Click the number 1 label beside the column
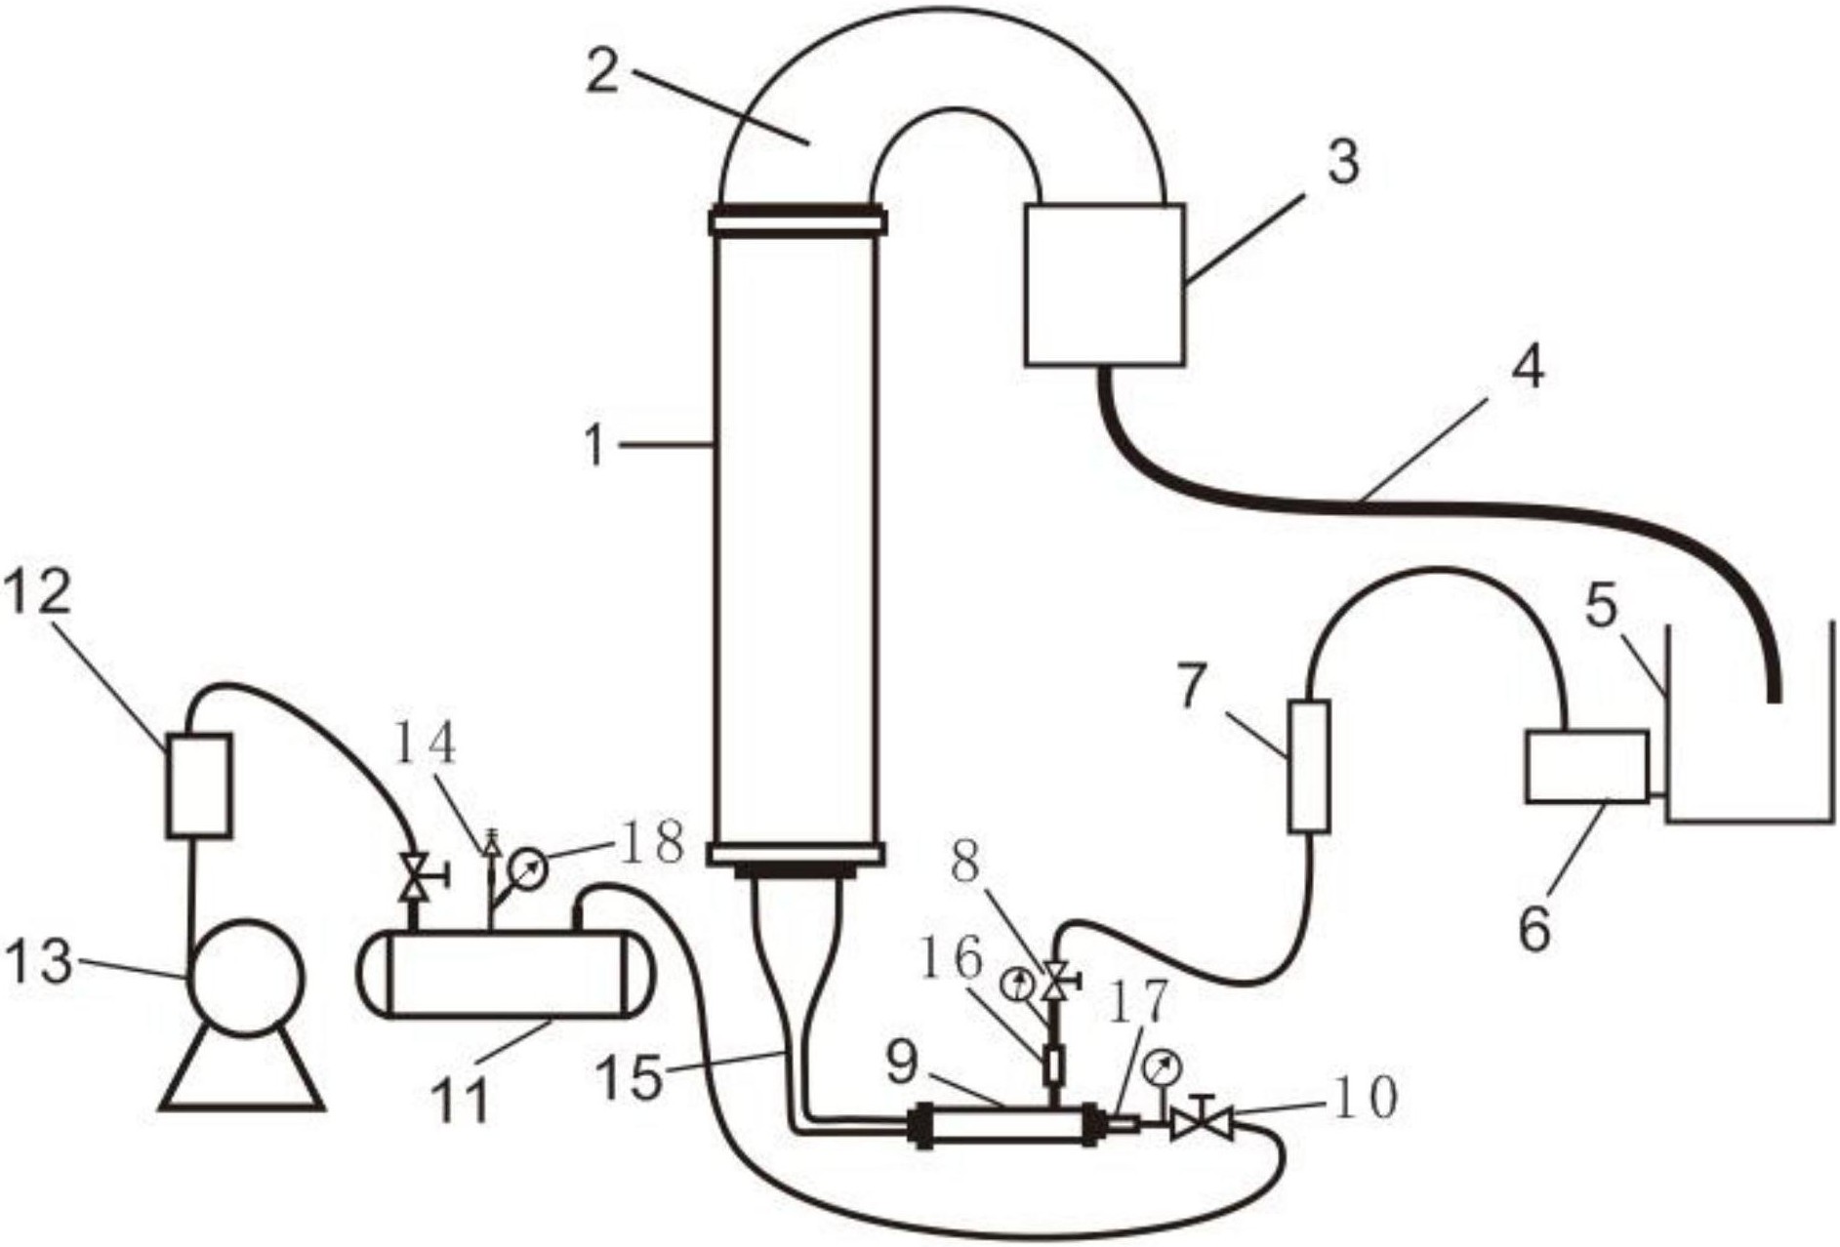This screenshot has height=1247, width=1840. (595, 447)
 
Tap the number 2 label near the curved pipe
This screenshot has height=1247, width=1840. (602, 69)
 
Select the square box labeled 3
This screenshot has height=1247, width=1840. (1104, 284)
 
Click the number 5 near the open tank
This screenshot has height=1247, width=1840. (1601, 607)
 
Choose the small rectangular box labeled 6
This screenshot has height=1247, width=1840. (1586, 766)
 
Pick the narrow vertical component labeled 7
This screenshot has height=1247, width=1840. (1308, 766)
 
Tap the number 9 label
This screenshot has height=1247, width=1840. (902, 1065)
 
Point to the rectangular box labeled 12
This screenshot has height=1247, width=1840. (198, 785)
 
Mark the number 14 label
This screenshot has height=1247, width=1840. (426, 745)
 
